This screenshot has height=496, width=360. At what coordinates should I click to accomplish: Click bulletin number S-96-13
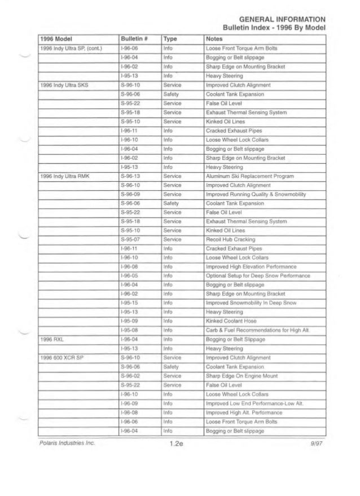point(130,177)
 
